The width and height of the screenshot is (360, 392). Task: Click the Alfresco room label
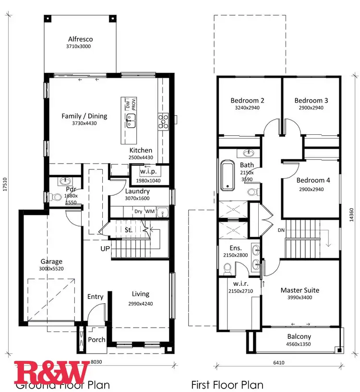(x=80, y=39)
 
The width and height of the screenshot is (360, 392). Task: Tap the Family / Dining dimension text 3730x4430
(x=84, y=123)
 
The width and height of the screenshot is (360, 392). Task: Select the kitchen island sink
(x=131, y=121)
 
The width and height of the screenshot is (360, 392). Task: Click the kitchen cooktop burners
(x=163, y=121)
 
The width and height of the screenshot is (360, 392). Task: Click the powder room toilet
(x=58, y=197)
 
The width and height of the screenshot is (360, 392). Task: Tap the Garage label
(x=51, y=261)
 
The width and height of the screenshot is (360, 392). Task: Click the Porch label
(x=97, y=340)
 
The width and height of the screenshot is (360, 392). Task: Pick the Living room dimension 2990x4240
(x=140, y=303)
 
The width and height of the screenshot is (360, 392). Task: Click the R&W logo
(x=51, y=371)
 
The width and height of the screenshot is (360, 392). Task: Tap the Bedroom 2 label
(x=247, y=100)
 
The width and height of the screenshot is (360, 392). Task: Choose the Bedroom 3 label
(x=311, y=100)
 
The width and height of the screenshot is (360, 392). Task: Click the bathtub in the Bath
(x=227, y=176)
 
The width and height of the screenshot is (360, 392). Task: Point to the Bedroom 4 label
(x=313, y=180)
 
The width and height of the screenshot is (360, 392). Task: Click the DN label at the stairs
(x=281, y=230)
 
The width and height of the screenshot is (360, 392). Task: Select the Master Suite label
(x=300, y=290)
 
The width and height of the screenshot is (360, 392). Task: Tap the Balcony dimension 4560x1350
(x=299, y=344)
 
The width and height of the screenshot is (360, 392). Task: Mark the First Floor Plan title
(x=227, y=384)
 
